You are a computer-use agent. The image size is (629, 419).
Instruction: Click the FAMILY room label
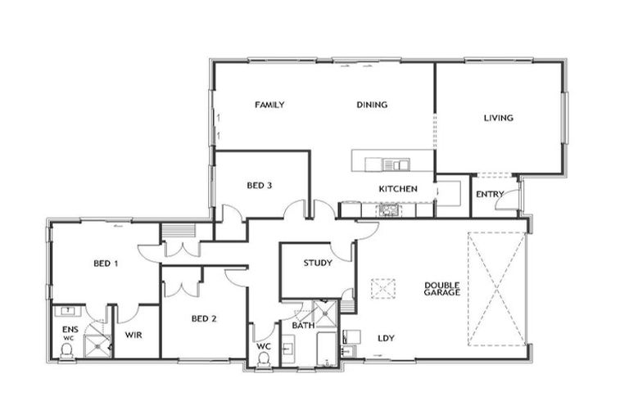[x=269, y=105]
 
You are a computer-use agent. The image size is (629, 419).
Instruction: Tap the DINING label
[x=372, y=105]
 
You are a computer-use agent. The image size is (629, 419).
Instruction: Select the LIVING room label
[x=498, y=118]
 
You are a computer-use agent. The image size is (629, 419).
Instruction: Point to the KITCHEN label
[x=398, y=189]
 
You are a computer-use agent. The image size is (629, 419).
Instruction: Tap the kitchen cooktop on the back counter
[x=388, y=210]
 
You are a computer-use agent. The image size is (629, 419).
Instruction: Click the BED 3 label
[x=260, y=186]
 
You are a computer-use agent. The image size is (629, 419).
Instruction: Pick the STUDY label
[x=317, y=263]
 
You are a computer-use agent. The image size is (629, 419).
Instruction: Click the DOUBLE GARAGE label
[x=442, y=289]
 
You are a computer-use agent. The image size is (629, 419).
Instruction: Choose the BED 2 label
[x=203, y=318]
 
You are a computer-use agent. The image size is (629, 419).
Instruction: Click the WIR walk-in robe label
[x=134, y=335]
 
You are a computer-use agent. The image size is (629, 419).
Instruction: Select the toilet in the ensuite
[x=67, y=350]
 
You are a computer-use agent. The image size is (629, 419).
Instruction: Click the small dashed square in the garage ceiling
[x=382, y=289]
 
